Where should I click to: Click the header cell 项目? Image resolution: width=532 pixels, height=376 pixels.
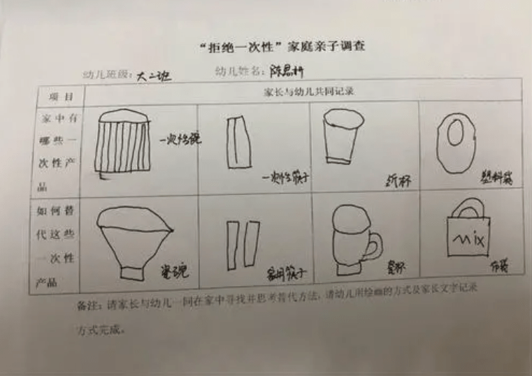pyautogui.click(x=60, y=94)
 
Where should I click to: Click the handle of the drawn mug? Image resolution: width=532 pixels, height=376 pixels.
pyautogui.click(x=375, y=245)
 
